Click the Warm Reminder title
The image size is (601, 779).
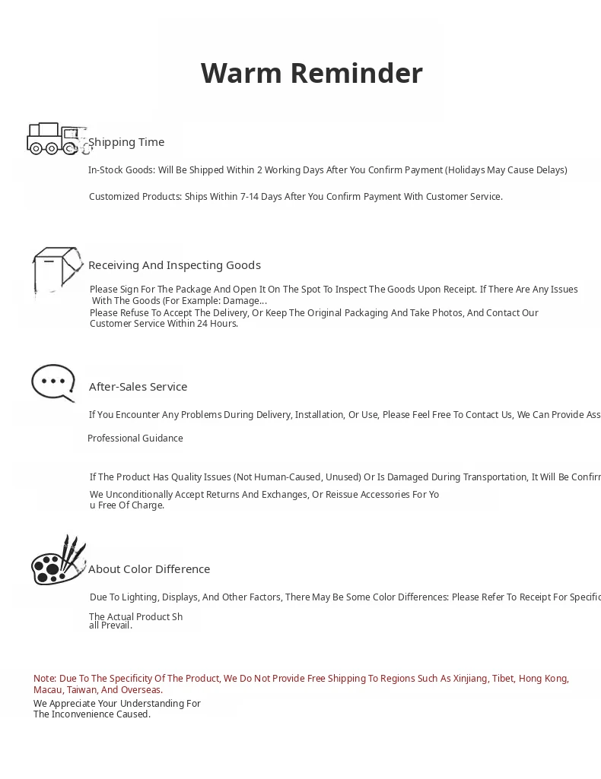311,74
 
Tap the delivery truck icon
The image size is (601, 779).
55,138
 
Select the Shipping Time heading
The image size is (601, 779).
126,142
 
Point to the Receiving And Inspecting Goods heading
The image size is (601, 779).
174,265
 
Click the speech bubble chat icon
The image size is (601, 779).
53,382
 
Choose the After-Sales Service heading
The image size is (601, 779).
138,387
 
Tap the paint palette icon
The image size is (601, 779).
58,561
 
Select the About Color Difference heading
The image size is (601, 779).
149,569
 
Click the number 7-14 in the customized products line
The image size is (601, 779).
250,197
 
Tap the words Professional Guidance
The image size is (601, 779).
135,439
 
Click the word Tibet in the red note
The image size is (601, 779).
502,679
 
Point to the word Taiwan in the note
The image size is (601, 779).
81,690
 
